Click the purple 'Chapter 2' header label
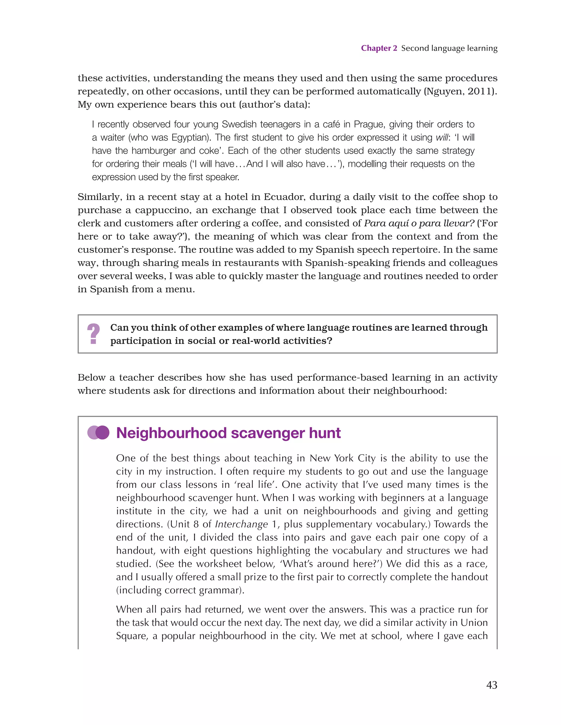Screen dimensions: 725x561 pos(379,48)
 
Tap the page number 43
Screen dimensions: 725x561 pos(492,685)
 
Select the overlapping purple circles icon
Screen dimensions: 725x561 pos(98,433)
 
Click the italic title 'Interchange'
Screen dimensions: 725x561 pos(241,524)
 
